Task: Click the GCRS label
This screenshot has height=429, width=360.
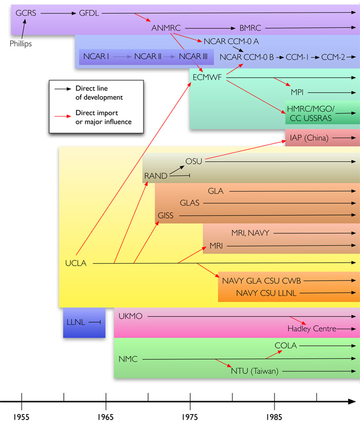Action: pyautogui.click(x=26, y=13)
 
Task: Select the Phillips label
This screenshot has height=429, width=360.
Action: pyautogui.click(x=21, y=44)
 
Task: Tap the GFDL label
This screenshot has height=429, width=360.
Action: pyautogui.click(x=89, y=13)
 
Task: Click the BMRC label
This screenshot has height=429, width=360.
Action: pyautogui.click(x=251, y=28)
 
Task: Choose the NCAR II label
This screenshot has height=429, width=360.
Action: pyautogui.click(x=148, y=56)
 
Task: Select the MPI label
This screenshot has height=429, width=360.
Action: pyautogui.click(x=298, y=92)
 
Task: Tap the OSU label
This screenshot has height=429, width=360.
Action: pyautogui.click(x=194, y=161)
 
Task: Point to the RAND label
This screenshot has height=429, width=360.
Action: pyautogui.click(x=156, y=176)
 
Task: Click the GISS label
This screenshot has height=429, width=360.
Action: pyautogui.click(x=166, y=216)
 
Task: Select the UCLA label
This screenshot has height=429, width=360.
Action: pyautogui.click(x=76, y=264)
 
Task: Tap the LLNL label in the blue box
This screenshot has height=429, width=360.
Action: pyautogui.click(x=76, y=322)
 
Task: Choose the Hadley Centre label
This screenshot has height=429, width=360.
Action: pyautogui.click(x=312, y=329)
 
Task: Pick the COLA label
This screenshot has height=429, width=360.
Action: pyautogui.click(x=286, y=346)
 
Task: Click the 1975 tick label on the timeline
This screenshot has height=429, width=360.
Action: pyautogui.click(x=190, y=415)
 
